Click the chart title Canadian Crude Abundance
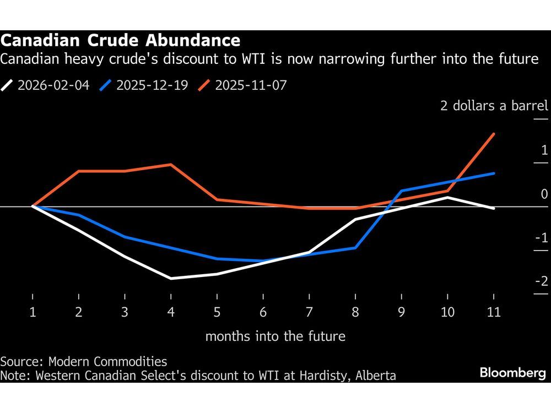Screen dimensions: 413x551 click(x=120, y=40)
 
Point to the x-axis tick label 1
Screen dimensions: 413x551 click(x=33, y=312)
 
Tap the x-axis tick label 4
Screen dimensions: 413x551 click(x=171, y=312)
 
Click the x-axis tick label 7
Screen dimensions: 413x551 click(x=309, y=312)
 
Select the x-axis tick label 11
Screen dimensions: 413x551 click(x=494, y=312)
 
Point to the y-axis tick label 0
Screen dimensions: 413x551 click(x=544, y=194)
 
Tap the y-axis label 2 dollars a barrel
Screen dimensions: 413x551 click(x=494, y=106)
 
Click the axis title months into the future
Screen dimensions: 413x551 click(x=275, y=336)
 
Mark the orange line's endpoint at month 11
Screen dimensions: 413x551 click(x=494, y=134)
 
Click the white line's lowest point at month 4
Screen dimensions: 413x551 click(x=171, y=279)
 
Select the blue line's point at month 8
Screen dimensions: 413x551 click(x=355, y=248)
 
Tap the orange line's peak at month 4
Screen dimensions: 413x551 click(x=171, y=164)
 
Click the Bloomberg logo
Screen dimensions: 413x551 click(x=512, y=373)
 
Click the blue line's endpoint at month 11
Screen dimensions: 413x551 click(x=494, y=173)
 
